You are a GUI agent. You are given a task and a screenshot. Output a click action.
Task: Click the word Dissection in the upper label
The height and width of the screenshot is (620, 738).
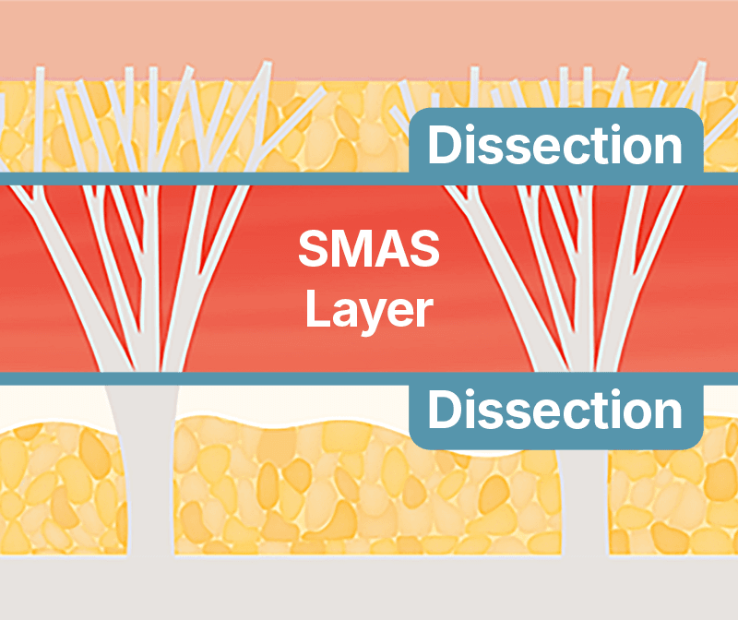tap(555, 147)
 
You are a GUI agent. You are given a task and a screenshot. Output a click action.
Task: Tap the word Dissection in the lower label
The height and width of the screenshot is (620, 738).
tap(555, 411)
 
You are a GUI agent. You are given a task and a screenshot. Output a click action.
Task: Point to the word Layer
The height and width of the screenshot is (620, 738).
tap(369, 310)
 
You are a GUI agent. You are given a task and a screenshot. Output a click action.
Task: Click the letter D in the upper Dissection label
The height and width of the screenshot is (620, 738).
tap(444, 147)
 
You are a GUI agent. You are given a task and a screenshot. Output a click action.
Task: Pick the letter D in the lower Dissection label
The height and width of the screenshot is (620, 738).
tap(444, 411)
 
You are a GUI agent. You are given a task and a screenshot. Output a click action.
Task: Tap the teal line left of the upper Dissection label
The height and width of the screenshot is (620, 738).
tap(203, 178)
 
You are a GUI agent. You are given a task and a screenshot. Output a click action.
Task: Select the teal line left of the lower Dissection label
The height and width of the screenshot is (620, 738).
tap(203, 378)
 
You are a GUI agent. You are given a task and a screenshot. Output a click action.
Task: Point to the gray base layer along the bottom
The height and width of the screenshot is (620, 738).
tap(369, 590)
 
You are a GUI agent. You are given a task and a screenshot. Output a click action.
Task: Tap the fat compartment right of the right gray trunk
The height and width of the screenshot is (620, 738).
tap(673, 507)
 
